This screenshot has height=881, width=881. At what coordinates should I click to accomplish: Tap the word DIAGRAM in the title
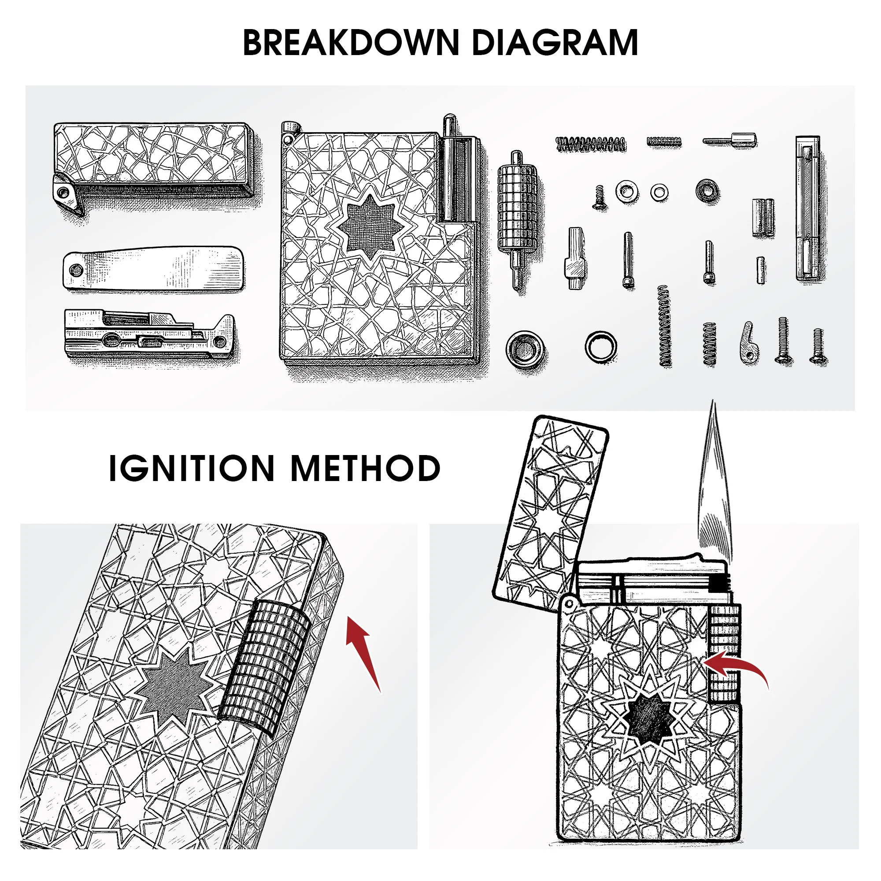[x=555, y=43]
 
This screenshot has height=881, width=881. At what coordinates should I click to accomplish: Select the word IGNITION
[x=192, y=468]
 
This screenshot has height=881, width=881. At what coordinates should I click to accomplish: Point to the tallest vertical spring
[x=665, y=326]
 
